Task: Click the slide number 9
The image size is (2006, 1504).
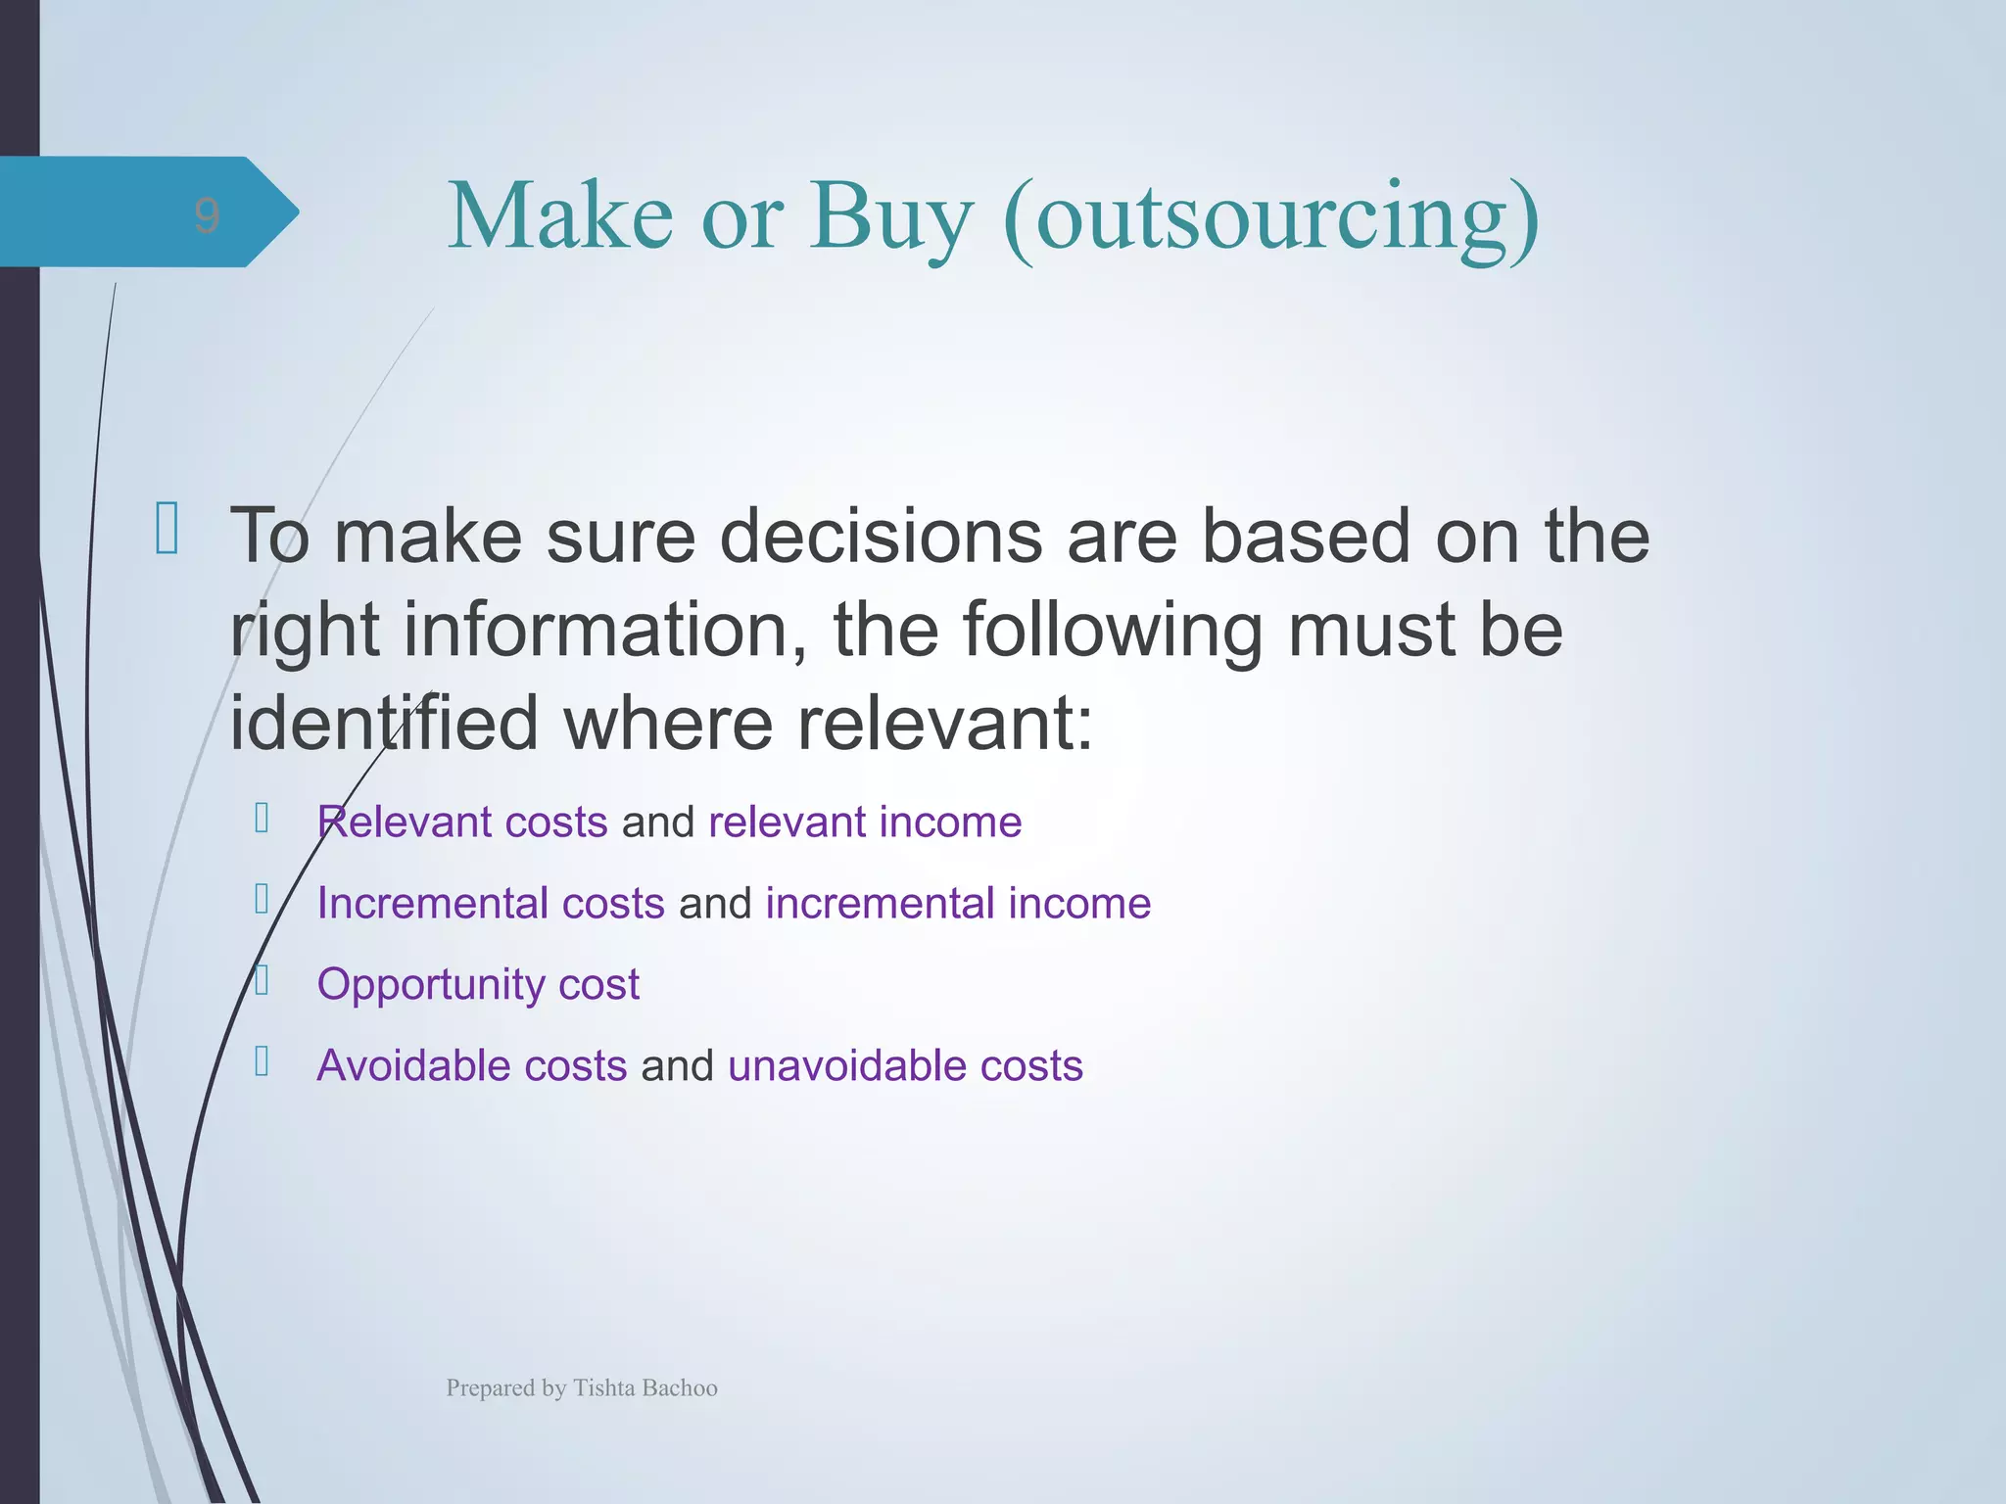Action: click(206, 214)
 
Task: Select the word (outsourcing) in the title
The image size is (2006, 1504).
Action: click(1271, 217)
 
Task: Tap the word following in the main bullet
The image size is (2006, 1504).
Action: click(1113, 631)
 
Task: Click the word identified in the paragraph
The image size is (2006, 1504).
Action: click(383, 723)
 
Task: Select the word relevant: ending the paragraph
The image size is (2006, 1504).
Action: click(944, 723)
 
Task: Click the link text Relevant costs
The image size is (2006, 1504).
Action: click(462, 822)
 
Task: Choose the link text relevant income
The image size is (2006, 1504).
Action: click(865, 822)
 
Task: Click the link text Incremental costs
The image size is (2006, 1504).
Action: click(491, 903)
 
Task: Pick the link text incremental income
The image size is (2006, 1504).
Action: click(958, 903)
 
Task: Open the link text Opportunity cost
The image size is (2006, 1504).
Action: click(478, 984)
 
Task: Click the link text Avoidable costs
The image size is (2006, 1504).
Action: click(471, 1065)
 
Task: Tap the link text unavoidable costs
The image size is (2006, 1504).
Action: click(905, 1065)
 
